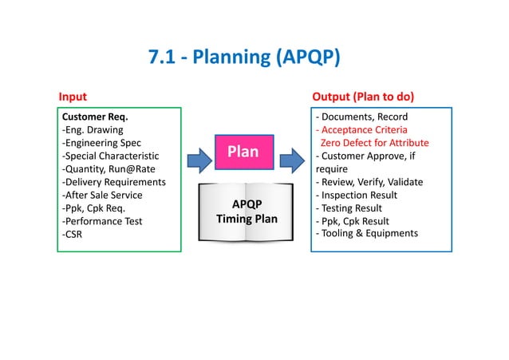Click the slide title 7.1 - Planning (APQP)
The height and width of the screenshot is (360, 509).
pos(244,57)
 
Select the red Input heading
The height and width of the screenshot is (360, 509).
pos(73,97)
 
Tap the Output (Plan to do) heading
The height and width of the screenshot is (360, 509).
pos(363,97)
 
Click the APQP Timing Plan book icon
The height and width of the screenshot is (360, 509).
pos(243,210)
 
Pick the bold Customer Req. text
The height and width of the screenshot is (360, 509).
pos(95,117)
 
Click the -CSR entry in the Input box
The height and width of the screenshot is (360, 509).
pos(74,234)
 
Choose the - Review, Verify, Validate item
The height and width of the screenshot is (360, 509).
pos(369,182)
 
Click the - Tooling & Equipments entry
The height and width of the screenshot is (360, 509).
pos(367,233)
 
